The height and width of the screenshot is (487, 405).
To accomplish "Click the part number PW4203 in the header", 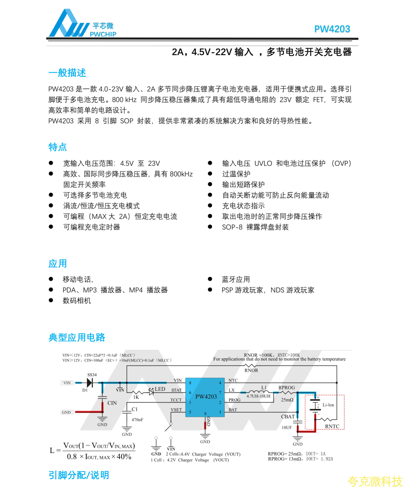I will point(332,29).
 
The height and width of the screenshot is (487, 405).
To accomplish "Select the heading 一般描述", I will point(67,73).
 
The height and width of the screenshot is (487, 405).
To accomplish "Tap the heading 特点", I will point(58,147).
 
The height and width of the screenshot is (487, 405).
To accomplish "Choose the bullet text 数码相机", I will point(77,301).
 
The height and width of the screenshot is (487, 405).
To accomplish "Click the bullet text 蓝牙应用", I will point(236,279).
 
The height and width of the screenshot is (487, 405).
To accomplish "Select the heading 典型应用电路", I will point(77,337).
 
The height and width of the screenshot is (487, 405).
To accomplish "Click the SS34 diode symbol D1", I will point(90,383).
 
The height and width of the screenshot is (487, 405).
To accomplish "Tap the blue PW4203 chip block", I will point(205,397).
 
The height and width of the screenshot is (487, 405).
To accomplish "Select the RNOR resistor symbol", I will point(251,365).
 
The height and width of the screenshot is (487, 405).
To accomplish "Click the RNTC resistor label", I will point(332,427).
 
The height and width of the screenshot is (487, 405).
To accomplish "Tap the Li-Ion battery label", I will point(328,405).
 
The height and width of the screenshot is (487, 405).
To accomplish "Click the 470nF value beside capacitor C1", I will point(137,420).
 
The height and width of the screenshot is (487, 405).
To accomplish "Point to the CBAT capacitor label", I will point(288,417).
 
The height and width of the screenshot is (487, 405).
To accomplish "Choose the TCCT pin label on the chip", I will point(176,400).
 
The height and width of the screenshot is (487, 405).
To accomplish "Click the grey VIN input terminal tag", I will point(67,383).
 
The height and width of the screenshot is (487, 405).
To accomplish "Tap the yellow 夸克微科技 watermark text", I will point(375,481).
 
